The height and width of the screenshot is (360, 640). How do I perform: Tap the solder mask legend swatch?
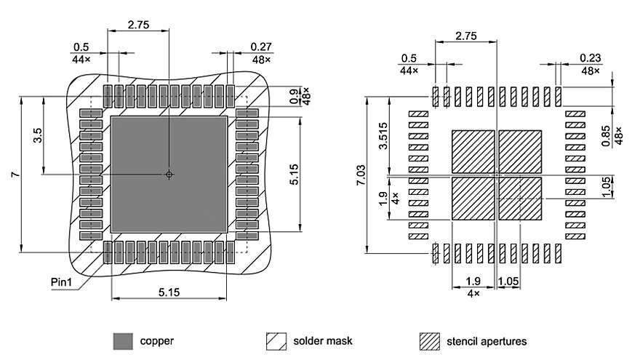coord(276,340)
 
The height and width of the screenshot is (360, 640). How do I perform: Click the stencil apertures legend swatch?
coord(431,340)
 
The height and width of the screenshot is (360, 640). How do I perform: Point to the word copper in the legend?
coord(156,340)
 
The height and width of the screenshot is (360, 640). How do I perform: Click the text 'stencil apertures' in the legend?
coord(488,340)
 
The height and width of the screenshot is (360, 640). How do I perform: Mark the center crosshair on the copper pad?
coord(169,175)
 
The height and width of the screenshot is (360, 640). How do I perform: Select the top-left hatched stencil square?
coord(473,151)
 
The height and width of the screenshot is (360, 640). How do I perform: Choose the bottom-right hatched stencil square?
coord(521,198)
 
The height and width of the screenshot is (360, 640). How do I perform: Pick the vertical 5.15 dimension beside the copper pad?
coord(294,174)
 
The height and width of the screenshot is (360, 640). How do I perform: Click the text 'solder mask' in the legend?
coord(323,340)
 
